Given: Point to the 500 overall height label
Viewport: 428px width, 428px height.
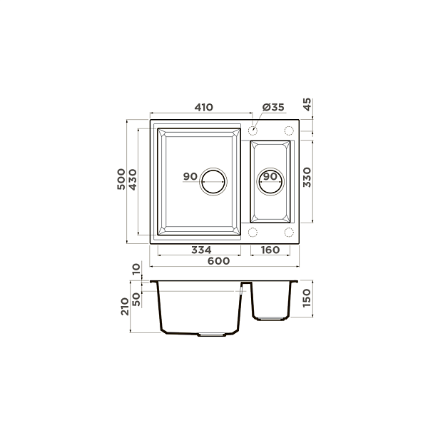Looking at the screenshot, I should (122, 178).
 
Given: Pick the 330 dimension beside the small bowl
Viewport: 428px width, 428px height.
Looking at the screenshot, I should (308, 177).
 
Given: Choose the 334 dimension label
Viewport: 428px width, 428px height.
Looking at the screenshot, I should (202, 250).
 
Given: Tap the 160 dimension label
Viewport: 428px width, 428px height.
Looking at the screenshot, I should (270, 250).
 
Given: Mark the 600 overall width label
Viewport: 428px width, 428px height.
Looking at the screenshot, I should (219, 261).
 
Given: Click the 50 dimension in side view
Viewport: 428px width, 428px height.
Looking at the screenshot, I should (137, 296).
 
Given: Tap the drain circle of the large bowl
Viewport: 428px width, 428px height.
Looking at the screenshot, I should (213, 181).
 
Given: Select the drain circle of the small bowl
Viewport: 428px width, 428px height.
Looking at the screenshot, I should (270, 182).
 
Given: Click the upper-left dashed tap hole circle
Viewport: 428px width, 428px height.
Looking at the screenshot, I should (253, 131).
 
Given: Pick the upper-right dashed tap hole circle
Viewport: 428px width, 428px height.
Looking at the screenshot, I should (289, 131).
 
